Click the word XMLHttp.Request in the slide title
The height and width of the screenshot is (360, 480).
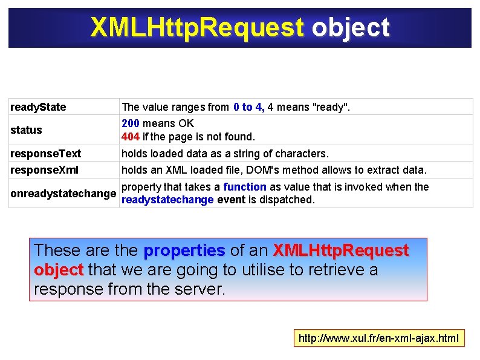pyautogui.click(x=197, y=27)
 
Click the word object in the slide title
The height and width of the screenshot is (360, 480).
pyautogui.click(x=351, y=27)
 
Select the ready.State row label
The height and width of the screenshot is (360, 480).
pyautogui.click(x=38, y=107)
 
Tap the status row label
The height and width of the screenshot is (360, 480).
pyautogui.click(x=27, y=129)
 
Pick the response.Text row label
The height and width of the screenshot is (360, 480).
pyautogui.click(x=46, y=154)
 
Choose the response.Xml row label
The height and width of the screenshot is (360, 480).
pyautogui.click(x=44, y=170)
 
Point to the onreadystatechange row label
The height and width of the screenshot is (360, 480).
pyautogui.click(x=63, y=194)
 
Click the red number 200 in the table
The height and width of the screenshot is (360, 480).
pyautogui.click(x=131, y=123)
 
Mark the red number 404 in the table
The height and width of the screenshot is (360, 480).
pyautogui.click(x=131, y=136)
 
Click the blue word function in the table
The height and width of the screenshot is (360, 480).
pyautogui.click(x=245, y=187)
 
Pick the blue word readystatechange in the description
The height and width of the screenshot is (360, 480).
pyautogui.click(x=167, y=200)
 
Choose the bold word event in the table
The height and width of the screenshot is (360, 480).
pyautogui.click(x=231, y=200)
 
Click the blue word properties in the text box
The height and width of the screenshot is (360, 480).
pyautogui.click(x=184, y=250)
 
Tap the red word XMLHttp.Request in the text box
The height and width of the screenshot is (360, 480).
pyautogui.click(x=341, y=250)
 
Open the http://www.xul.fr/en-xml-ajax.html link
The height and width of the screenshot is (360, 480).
pyautogui.click(x=379, y=338)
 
